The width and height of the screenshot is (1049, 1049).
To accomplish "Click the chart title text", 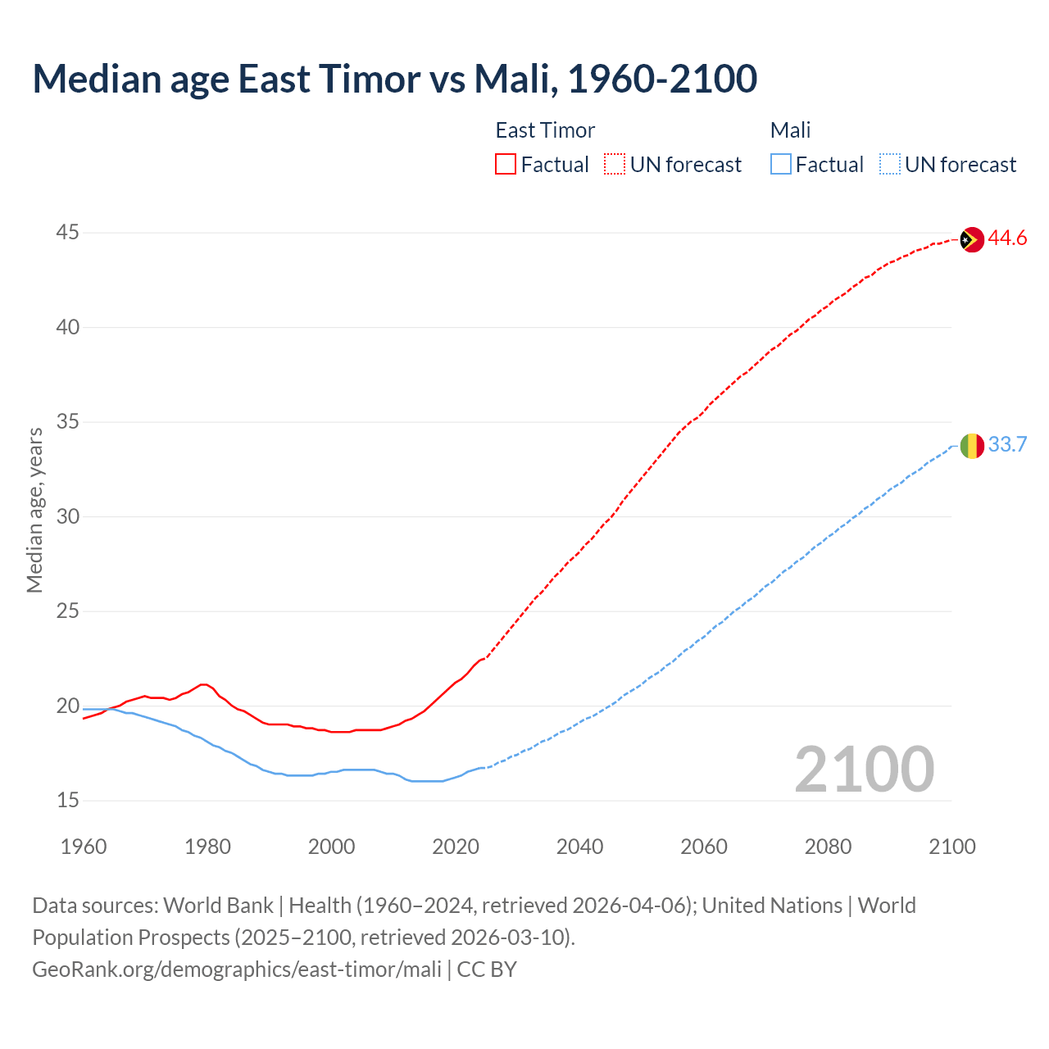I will pos(394,79).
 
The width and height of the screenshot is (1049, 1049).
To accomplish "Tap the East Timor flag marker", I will pos(971,239).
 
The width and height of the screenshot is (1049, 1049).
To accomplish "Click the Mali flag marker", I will pos(971,446).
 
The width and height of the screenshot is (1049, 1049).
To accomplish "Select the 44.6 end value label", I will pos(1007,238).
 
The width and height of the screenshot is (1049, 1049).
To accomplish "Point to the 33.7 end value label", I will pos(1007,445).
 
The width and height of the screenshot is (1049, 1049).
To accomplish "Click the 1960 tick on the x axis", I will pos(84,847).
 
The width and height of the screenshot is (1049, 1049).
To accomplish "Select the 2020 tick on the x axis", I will pos(456,847).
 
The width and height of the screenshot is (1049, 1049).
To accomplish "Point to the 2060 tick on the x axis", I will pos(704,847).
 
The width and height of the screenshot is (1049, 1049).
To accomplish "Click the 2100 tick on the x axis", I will pos(951,847).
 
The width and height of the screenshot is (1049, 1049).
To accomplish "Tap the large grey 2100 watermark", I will pos(864,769).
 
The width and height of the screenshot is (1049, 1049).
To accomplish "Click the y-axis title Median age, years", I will pos(34,510).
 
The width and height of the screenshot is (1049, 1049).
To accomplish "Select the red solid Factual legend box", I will pos(506,165).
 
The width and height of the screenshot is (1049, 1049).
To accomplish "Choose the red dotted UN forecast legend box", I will pos(615,165).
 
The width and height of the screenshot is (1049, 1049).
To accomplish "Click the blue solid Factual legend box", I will pos(780,165).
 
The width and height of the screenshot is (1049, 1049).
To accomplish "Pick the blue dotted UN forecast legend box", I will pos(889,165).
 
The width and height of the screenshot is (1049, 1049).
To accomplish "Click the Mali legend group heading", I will pos(790,130).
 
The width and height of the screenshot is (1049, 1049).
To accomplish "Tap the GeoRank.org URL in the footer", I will pos(237,970).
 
